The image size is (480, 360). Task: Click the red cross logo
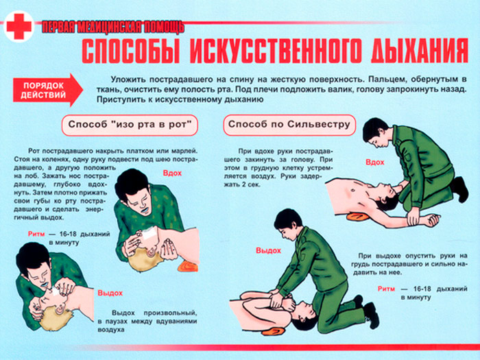tap(19, 26)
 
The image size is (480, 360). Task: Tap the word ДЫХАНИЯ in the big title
tap(420, 51)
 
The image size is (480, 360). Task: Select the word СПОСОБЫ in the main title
tap(131, 51)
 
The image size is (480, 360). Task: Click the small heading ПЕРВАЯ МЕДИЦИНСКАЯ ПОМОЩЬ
tap(112, 27)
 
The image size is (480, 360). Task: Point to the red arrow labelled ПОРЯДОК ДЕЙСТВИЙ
tap(48, 90)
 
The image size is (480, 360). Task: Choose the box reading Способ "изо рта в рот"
tap(130, 125)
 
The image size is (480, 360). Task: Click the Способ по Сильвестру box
tap(289, 125)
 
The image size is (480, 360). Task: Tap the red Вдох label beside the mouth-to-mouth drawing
tap(172, 173)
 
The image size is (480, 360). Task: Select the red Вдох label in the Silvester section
tap(374, 162)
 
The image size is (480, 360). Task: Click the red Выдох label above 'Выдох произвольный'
tap(110, 293)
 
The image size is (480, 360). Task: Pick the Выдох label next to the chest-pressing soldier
tap(268, 250)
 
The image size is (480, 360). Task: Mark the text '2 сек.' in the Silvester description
tap(250, 184)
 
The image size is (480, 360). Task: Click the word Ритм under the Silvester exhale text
tap(386, 289)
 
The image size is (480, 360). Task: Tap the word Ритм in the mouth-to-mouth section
tap(36, 234)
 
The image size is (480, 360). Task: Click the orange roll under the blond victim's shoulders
tap(187, 265)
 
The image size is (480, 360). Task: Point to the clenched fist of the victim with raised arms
tap(433, 218)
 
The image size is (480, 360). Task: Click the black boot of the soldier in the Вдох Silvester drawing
tap(460, 189)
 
